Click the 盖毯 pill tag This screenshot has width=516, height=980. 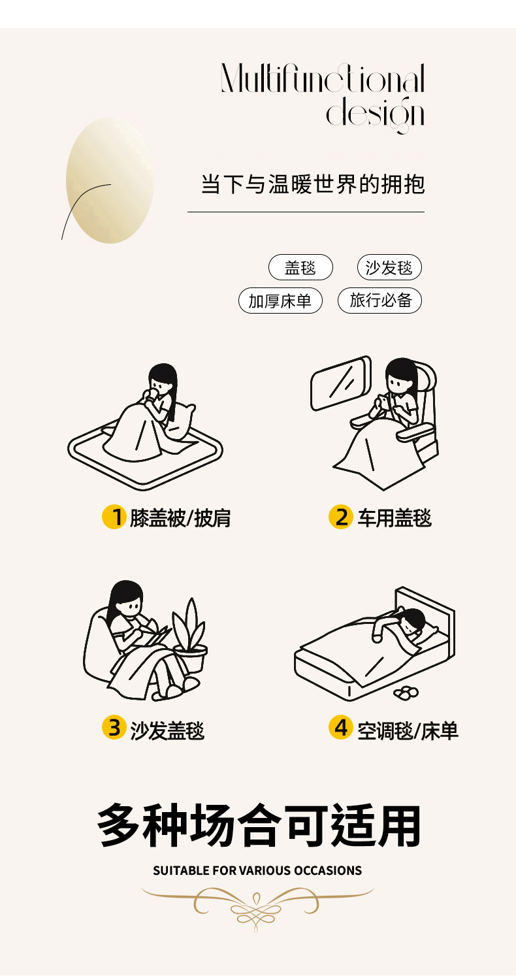click(300, 267)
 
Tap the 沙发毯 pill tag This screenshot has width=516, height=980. click(389, 267)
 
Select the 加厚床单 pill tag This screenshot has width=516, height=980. click(280, 301)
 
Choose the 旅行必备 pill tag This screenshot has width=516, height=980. click(379, 301)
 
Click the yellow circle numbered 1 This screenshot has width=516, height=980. click(114, 517)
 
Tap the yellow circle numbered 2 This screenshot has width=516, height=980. click(341, 517)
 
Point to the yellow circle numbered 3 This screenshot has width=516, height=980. click(114, 728)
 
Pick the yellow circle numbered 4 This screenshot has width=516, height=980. click(341, 728)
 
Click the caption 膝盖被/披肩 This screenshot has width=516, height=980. click(180, 519)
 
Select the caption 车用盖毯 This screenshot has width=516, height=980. click(395, 518)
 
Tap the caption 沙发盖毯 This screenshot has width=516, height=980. click(167, 730)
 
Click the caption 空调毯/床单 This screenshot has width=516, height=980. click(408, 730)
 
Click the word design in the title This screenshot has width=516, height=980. click(376, 114)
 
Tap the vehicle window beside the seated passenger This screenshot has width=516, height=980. click(341, 383)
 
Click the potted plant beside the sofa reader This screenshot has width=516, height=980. click(190, 634)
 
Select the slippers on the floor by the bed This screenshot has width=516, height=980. click(406, 692)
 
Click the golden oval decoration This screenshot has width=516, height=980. click(110, 180)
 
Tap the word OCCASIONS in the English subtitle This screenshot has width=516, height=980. click(328, 871)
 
